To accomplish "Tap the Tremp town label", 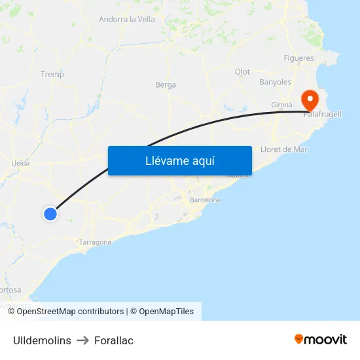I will [52, 74].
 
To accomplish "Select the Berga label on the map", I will [166, 84].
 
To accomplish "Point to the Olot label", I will [242, 71].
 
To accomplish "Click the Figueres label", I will [298, 58].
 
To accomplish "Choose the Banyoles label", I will [275, 82].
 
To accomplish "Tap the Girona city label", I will [281, 105].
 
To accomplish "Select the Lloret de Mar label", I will [283, 149].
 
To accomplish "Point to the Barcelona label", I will [205, 200].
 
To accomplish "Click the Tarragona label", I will [95, 242].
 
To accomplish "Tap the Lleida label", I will [21, 163].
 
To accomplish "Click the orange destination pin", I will [309, 100].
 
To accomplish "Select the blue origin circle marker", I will [50, 213].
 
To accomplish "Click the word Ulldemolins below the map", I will [42, 340].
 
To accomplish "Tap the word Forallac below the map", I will [114, 340].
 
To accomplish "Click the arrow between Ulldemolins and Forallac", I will [82, 340].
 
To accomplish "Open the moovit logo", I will [321, 339].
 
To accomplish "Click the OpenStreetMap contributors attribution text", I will [70, 312].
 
